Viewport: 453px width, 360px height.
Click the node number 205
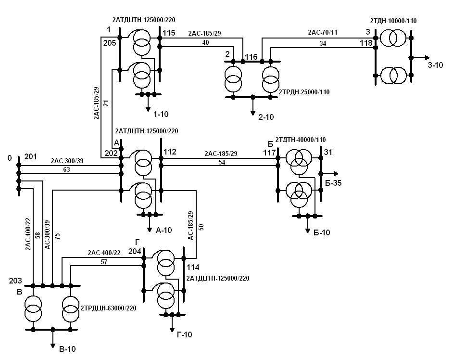[109, 43]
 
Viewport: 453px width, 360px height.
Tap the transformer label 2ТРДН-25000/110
[304, 91]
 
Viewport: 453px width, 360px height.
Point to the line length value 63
[66, 169]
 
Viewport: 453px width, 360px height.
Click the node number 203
[16, 280]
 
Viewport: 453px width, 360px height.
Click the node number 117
[269, 153]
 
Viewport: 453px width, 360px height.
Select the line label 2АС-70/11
[324, 33]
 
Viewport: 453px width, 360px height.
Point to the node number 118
[366, 43]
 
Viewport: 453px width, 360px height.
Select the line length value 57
[104, 262]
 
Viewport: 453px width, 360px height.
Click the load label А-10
[164, 230]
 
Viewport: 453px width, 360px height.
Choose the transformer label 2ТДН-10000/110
[393, 20]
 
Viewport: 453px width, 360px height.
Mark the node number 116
[251, 57]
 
